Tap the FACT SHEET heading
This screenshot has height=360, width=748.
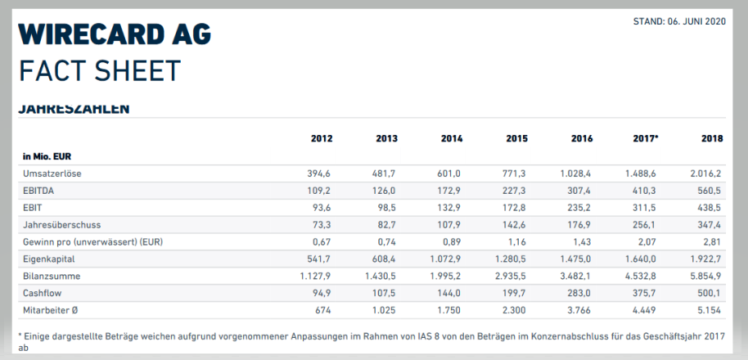99,71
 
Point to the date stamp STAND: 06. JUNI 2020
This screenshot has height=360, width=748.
679,20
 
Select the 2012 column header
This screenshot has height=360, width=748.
322,138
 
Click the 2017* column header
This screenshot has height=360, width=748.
645,138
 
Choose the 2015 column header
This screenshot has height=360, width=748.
516,138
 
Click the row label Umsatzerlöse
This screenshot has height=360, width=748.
52,173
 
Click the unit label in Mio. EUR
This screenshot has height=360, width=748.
50,155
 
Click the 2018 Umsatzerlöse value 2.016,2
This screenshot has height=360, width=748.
705,173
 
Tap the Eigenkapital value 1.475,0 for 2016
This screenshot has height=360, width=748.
575,259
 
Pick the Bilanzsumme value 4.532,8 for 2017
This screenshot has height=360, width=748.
640,277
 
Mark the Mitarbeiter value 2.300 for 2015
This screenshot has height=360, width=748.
513,311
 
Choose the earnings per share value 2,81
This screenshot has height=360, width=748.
712,242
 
